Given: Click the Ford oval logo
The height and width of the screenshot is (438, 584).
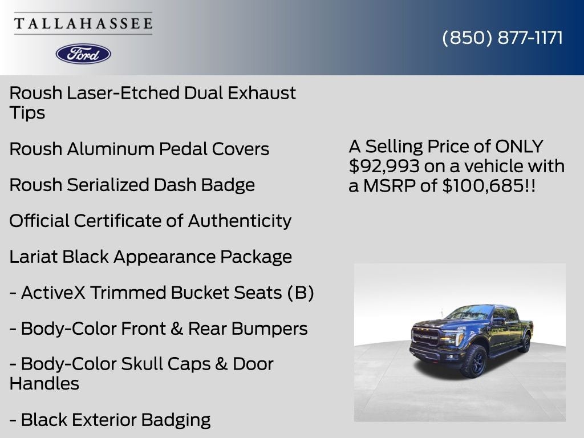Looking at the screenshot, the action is coord(83,54).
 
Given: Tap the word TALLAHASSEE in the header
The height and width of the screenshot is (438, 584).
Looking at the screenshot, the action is coord(83,23).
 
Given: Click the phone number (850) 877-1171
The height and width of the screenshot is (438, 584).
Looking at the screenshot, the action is coord(502,38).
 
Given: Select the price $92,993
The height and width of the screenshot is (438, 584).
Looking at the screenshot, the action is coord(384,166).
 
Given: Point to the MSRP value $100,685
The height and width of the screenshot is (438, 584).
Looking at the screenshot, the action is coord(483,185).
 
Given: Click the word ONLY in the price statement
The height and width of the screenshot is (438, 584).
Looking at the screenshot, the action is coord(519,147).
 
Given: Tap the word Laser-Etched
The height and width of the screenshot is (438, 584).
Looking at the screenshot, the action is coord(123,93).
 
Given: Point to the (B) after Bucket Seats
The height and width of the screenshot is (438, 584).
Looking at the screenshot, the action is coord(300,293).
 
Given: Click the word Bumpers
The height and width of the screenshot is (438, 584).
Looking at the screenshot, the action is coord(269,328).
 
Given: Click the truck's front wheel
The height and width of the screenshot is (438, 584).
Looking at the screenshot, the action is coord(475,360).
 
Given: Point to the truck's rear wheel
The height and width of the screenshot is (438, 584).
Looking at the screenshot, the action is coord(525,343).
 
